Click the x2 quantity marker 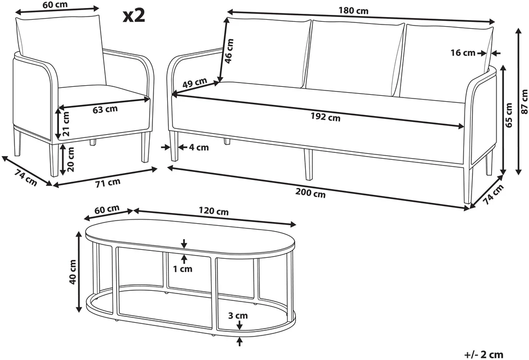(134, 15)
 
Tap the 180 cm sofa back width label (354, 11)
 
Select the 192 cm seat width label (325, 117)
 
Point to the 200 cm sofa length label (311, 193)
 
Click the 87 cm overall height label (524, 102)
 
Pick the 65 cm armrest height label (509, 116)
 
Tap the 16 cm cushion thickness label (463, 53)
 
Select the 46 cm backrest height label (229, 51)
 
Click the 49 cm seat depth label (194, 83)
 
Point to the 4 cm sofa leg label (199, 148)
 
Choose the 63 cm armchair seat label (105, 109)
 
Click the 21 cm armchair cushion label (66, 124)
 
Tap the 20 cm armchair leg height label (70, 159)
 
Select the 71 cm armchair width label (108, 182)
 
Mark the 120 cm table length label (214, 211)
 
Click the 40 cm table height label (72, 272)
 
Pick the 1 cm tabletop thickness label (183, 268)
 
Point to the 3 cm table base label (238, 315)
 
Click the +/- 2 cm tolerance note (484, 355)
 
